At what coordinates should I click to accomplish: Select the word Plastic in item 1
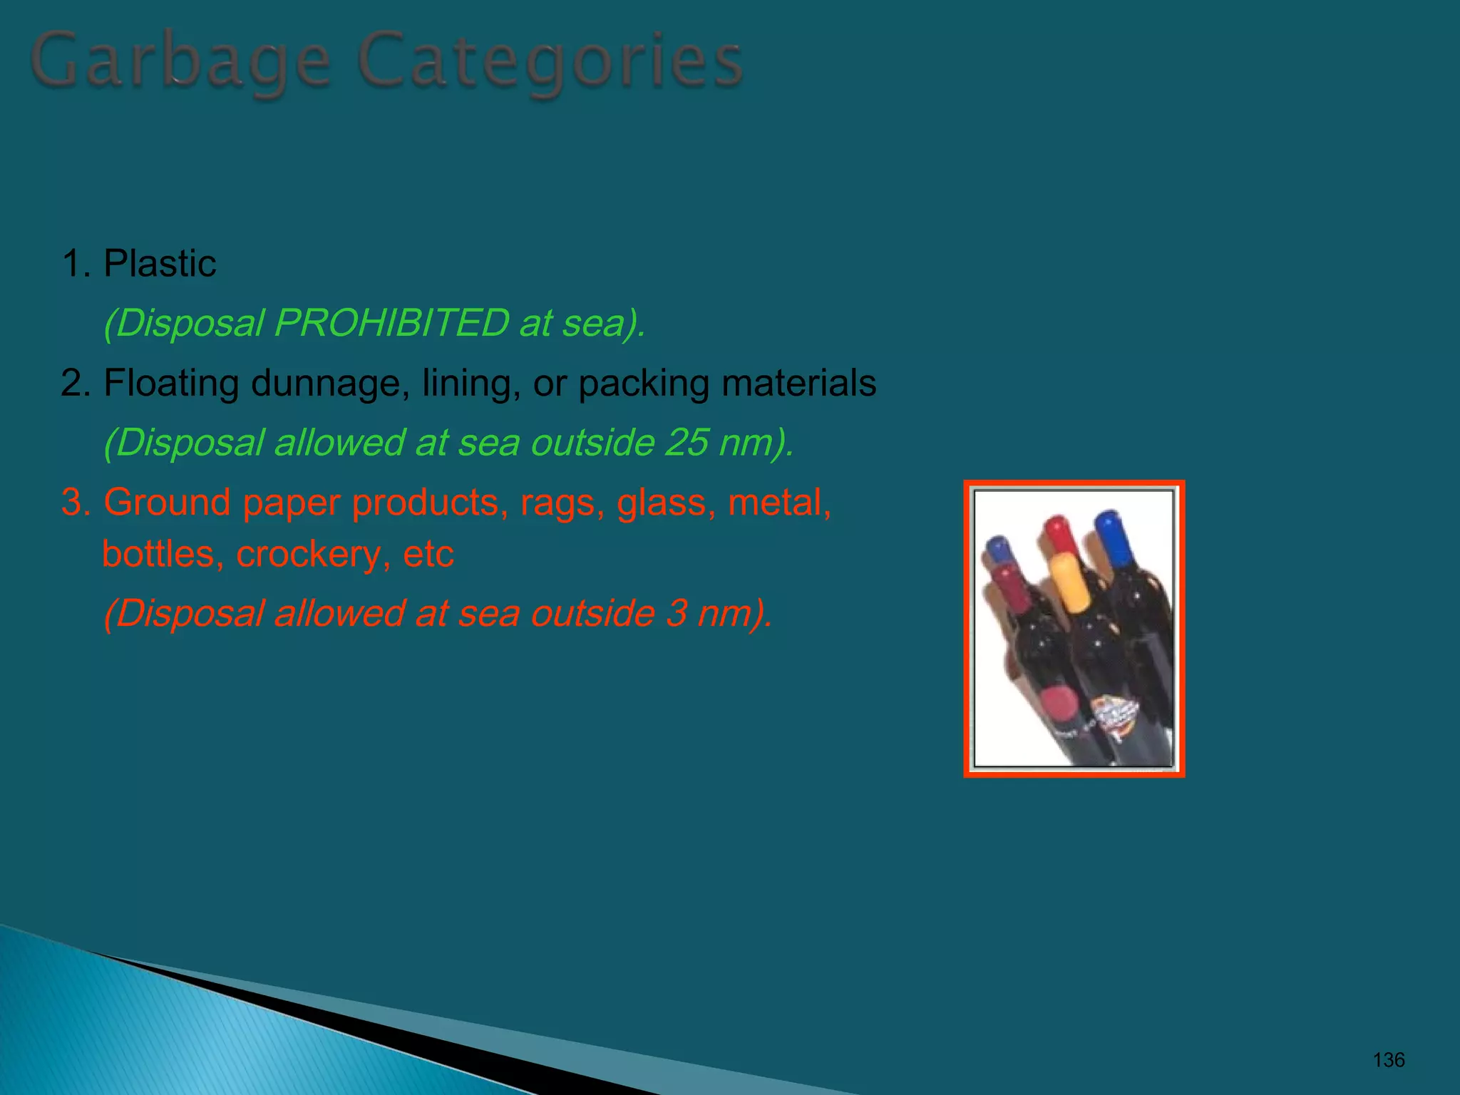click(160, 264)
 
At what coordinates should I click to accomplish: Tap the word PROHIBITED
click(391, 323)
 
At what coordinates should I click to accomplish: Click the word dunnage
click(330, 384)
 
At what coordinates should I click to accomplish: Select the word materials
click(798, 383)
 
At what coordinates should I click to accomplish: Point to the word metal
click(778, 503)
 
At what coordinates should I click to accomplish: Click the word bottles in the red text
click(159, 554)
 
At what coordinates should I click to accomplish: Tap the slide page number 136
click(1388, 1060)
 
